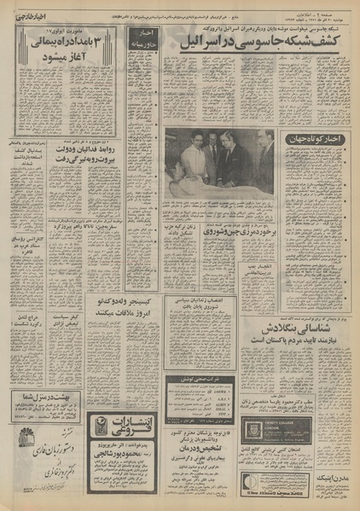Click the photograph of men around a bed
[218, 162]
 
